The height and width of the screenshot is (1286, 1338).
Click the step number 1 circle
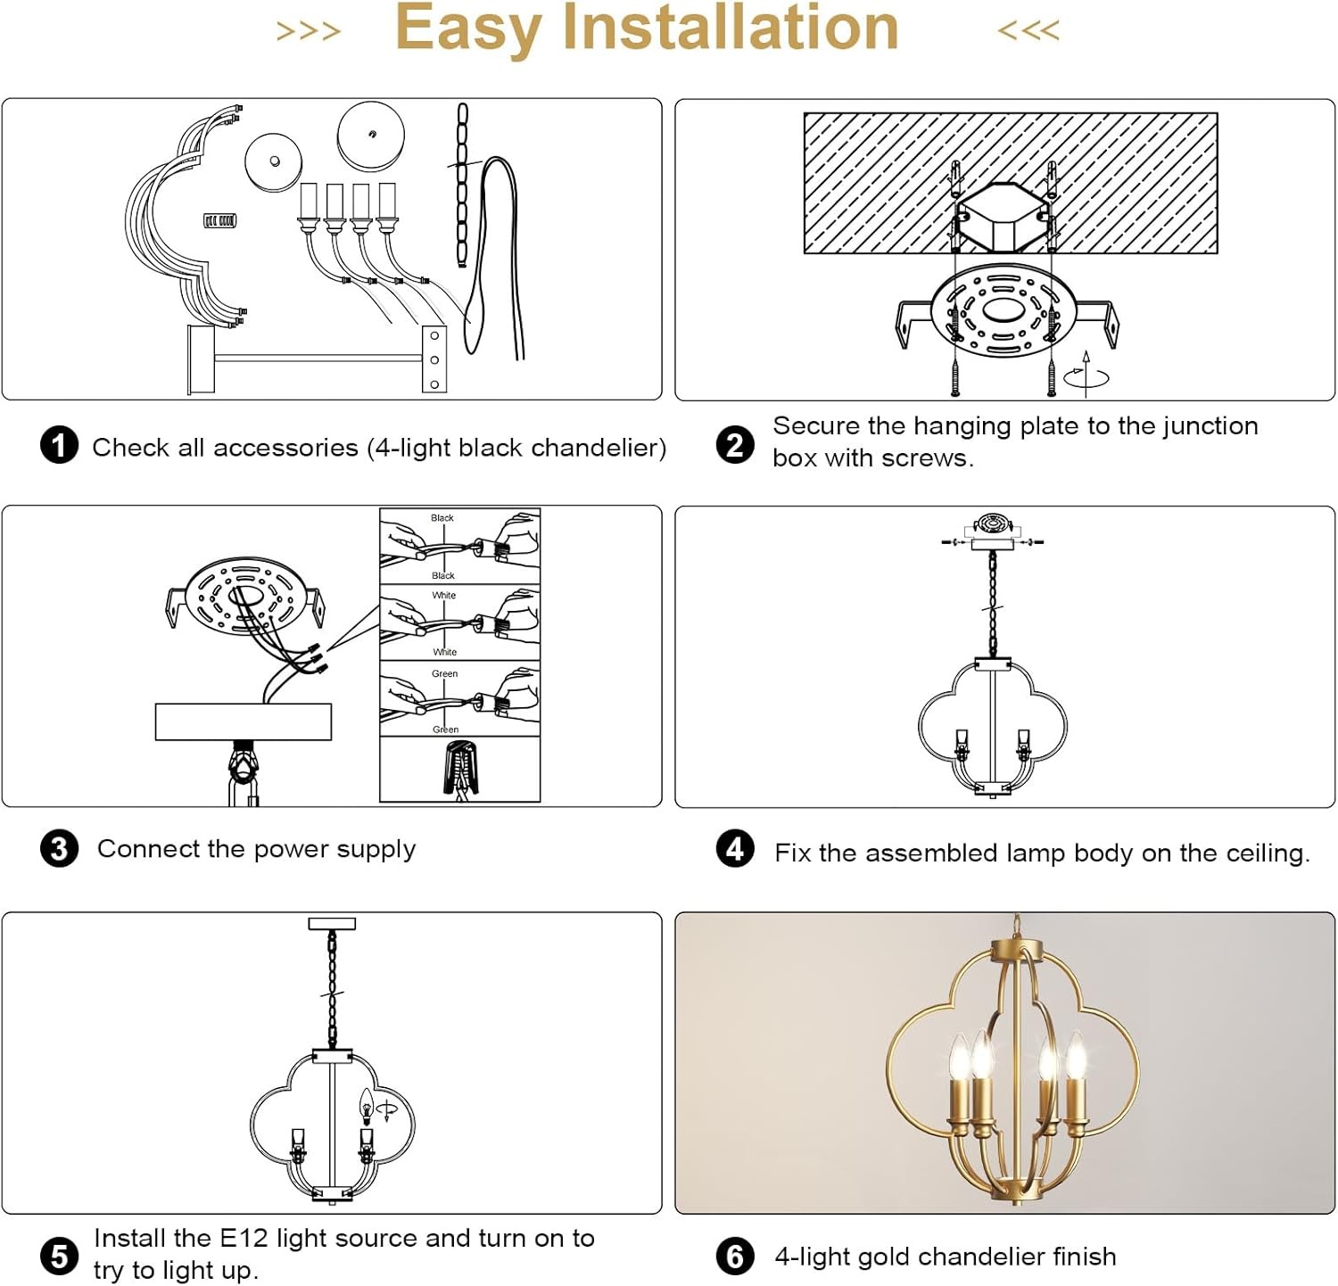pyautogui.click(x=59, y=445)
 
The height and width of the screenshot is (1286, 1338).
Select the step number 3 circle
pyautogui.click(x=59, y=849)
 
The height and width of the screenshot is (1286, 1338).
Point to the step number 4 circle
pyautogui.click(x=735, y=849)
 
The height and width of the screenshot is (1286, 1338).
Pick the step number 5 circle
pyautogui.click(x=59, y=1256)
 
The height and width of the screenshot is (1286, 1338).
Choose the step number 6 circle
pyautogui.click(x=735, y=1256)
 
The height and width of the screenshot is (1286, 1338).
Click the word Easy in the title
pyautogui.click(x=468, y=30)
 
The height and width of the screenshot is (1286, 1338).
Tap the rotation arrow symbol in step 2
pyautogui.click(x=1086, y=374)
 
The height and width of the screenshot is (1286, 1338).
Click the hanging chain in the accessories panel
pyautogui.click(x=461, y=185)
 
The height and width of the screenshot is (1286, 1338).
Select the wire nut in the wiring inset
pyautogui.click(x=460, y=768)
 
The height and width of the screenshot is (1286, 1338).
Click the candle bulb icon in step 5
pyautogui.click(x=366, y=1106)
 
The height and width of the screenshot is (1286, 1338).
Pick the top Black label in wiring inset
pyautogui.click(x=442, y=517)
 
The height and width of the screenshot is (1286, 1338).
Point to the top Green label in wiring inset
pyautogui.click(x=444, y=673)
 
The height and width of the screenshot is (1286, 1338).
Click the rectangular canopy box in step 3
pyautogui.click(x=244, y=721)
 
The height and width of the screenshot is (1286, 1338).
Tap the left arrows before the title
pyautogui.click(x=309, y=31)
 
